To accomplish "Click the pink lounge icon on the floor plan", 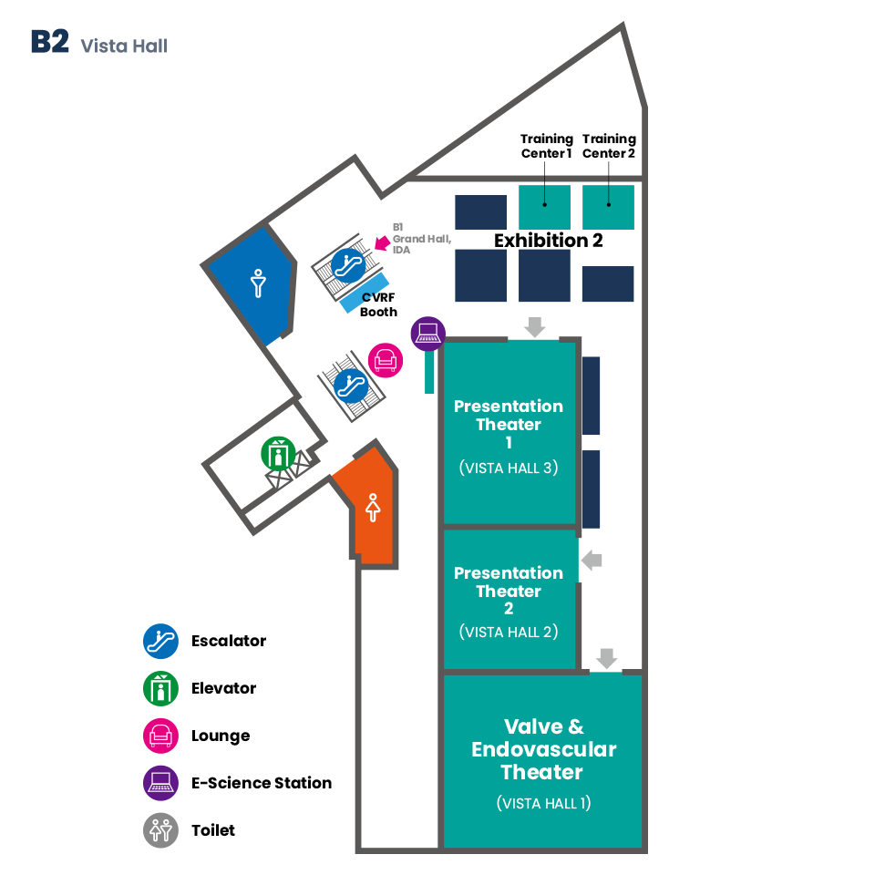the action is click(x=385, y=361).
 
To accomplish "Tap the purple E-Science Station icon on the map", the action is click(x=428, y=334).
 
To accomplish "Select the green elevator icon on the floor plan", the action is click(x=278, y=454).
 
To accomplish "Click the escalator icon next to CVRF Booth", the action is click(x=348, y=265).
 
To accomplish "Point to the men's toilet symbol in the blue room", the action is click(x=258, y=283).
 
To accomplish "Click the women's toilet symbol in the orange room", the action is click(x=373, y=508).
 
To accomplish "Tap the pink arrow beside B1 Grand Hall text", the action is click(x=382, y=242).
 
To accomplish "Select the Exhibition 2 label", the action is click(x=548, y=240).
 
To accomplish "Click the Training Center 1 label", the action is click(x=546, y=146).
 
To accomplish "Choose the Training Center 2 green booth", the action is click(x=608, y=207).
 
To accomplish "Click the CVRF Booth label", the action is click(x=378, y=304).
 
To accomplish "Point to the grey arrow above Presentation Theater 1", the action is click(x=535, y=327).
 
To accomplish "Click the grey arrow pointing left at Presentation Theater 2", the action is click(x=592, y=560).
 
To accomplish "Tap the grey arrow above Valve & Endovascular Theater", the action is click(x=607, y=658).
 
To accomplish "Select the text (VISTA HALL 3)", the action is click(x=509, y=468).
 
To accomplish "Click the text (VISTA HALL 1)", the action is click(x=543, y=803).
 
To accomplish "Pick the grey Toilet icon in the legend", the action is click(x=160, y=830).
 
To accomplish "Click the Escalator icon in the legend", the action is click(x=160, y=641).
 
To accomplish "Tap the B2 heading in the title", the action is click(x=50, y=42).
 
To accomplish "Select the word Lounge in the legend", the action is click(x=221, y=736).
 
